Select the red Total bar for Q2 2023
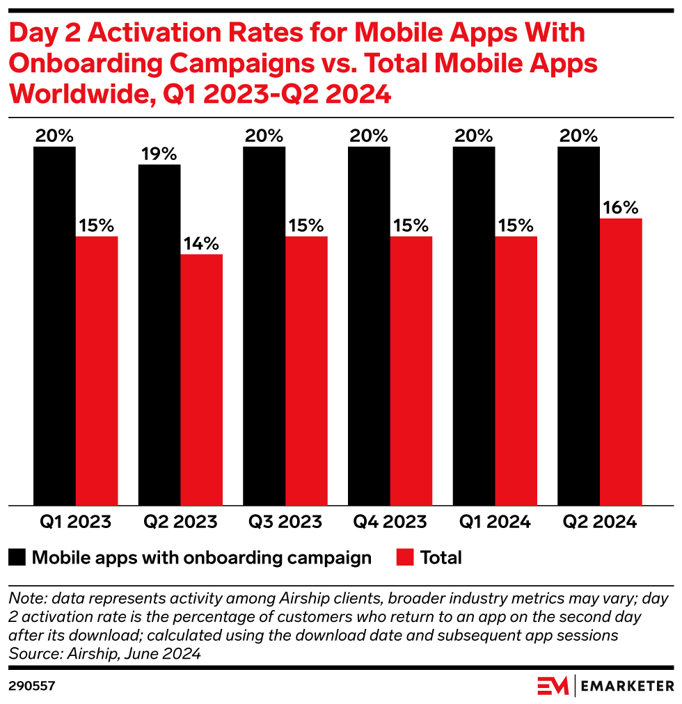202,379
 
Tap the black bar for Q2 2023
159,335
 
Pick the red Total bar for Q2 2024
621,362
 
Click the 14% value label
202,243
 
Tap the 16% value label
621,207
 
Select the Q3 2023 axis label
285,522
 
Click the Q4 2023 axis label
390,522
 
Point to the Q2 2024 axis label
600,522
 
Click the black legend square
17,557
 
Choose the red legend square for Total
405,557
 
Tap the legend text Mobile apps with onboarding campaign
202,557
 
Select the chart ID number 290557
31,686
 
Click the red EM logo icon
553,686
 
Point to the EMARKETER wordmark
628,686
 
